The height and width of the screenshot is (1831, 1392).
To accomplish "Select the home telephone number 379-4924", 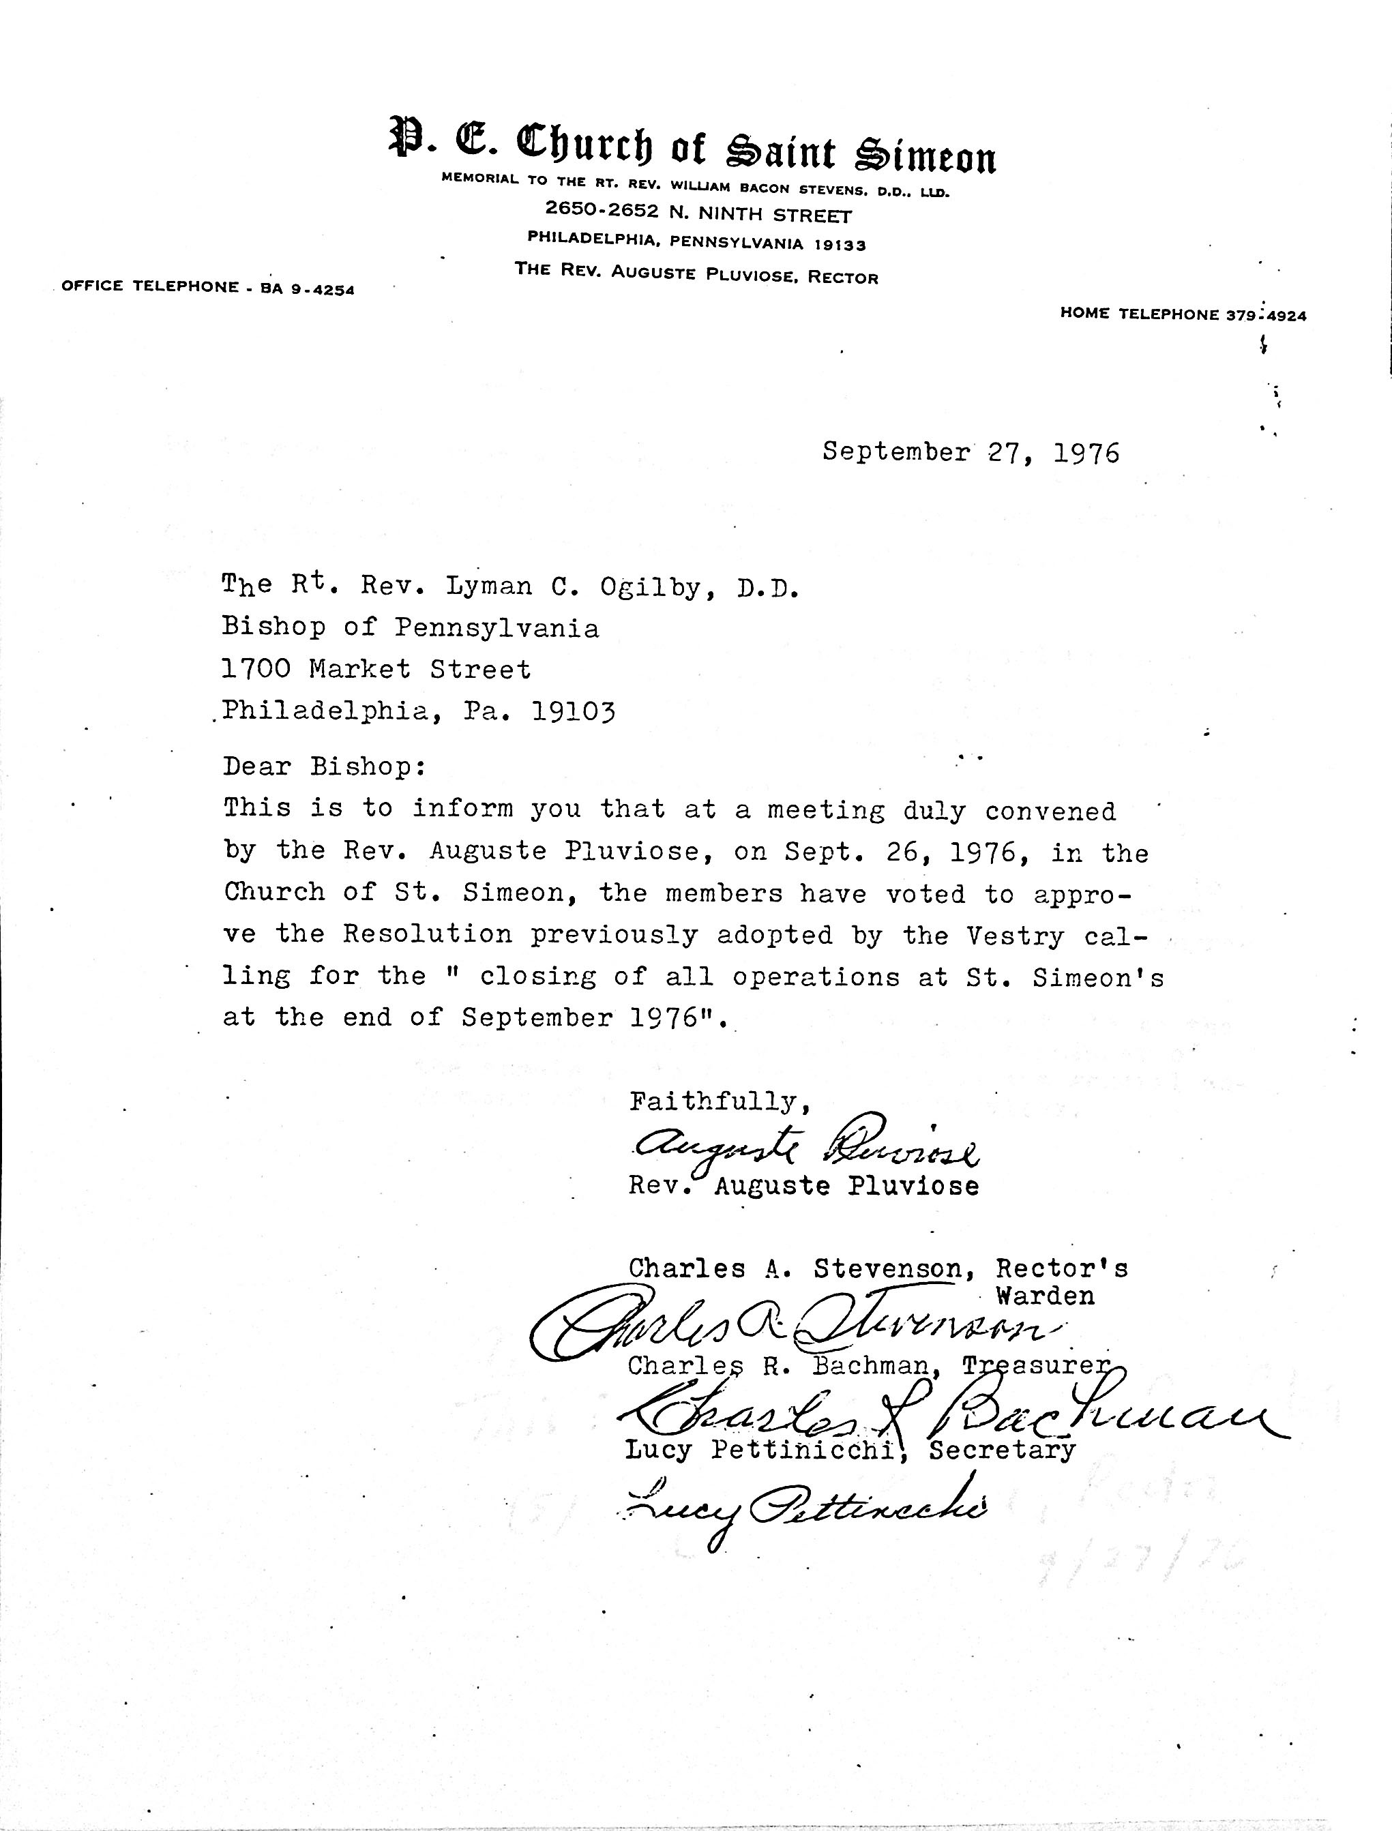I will coord(1265,315).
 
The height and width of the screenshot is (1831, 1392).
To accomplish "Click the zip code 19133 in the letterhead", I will coord(840,244).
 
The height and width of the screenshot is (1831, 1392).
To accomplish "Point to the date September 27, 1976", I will coord(971,452).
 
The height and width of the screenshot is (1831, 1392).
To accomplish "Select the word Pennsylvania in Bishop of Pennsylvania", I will coord(495,628).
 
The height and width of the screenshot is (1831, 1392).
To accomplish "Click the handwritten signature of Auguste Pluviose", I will coord(803,1148).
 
